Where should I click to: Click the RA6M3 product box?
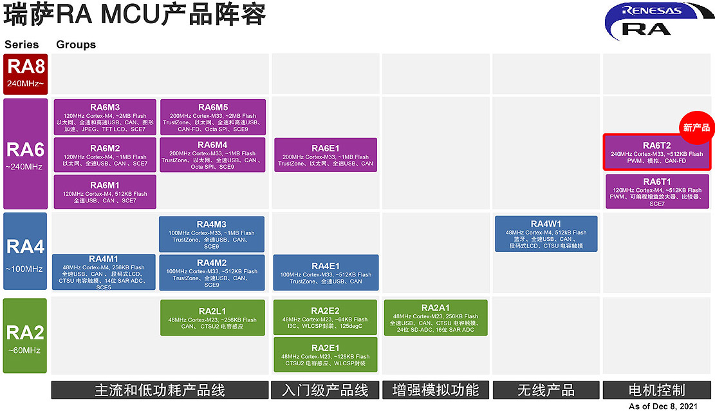pyautogui.click(x=105, y=117)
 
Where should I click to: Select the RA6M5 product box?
pyautogui.click(x=212, y=117)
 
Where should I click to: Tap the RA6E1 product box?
pyautogui.click(x=325, y=155)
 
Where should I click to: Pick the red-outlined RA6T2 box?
pyautogui.click(x=656, y=153)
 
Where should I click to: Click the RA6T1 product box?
pyautogui.click(x=656, y=191)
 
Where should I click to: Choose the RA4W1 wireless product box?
pyautogui.click(x=546, y=233)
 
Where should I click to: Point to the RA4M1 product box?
pyautogui.click(x=104, y=272)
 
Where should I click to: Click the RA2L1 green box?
pyautogui.click(x=212, y=317)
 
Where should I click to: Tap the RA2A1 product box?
pyautogui.click(x=435, y=317)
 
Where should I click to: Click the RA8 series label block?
pyautogui.click(x=25, y=74)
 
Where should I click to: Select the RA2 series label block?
pyautogui.click(x=25, y=336)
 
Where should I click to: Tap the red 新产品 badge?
pyautogui.click(x=696, y=128)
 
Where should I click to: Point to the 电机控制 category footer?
pyautogui.click(x=656, y=390)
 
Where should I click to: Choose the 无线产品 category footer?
pyautogui.click(x=546, y=390)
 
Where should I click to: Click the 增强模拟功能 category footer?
pyautogui.click(x=435, y=390)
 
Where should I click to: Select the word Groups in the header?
pyautogui.click(x=76, y=44)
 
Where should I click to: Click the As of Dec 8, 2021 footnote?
pyautogui.click(x=663, y=406)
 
